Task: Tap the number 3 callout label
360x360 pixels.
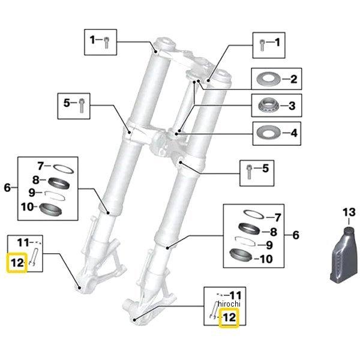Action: click(x=292, y=106)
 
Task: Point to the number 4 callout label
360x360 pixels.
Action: click(x=293, y=131)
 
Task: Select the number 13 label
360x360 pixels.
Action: click(x=349, y=212)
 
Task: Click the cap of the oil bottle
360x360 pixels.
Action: click(x=348, y=228)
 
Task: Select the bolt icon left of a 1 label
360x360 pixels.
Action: click(x=263, y=43)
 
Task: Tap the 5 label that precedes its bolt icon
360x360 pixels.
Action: click(x=68, y=103)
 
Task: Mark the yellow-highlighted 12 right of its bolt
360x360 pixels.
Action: click(x=229, y=317)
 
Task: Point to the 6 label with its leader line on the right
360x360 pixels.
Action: click(x=7, y=188)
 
